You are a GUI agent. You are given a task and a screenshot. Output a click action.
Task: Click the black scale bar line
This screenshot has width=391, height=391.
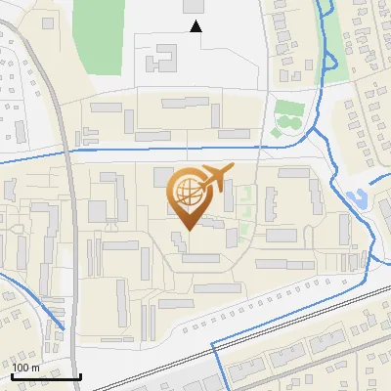45,375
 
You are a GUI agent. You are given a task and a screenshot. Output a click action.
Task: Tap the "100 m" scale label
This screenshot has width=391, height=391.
25,368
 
